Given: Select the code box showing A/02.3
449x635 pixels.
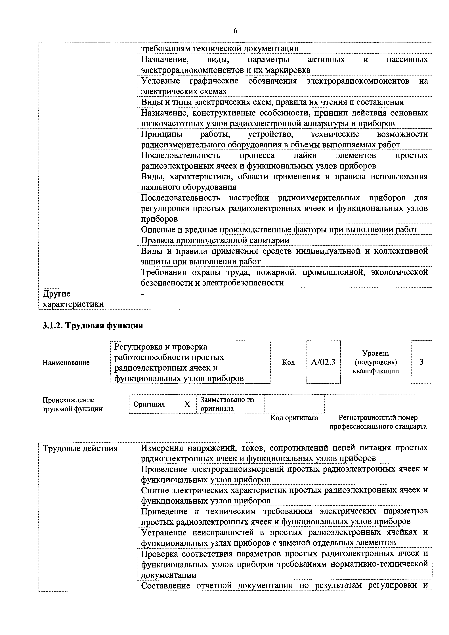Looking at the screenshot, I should tap(323, 362).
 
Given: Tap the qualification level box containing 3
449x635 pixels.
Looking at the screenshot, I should tap(421, 362).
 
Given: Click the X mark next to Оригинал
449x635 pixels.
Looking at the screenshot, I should tap(187, 404).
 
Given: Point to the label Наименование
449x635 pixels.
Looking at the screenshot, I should tap(66, 363).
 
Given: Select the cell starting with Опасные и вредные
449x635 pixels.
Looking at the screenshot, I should tap(279, 230).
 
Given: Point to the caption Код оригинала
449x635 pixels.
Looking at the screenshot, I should tap(294, 418).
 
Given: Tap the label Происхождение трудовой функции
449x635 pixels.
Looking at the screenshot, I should tap(72, 404).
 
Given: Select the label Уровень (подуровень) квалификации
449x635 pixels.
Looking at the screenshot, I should tap(375, 362).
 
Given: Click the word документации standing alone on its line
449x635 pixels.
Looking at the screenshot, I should tap(169, 575).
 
